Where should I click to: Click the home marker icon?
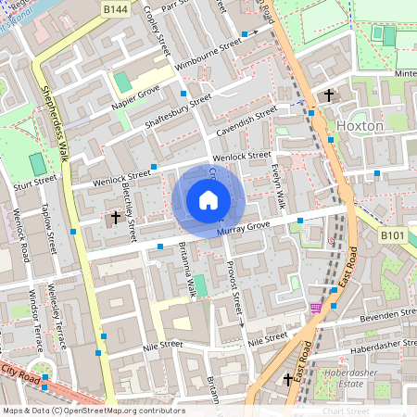(x=208, y=200)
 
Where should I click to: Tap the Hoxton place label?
(x=360, y=125)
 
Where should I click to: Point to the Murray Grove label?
(x=242, y=228)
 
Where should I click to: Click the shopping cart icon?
(x=316, y=308)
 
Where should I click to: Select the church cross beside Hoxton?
(x=329, y=95)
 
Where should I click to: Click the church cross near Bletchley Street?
(x=116, y=218)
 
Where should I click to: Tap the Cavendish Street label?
(x=242, y=121)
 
